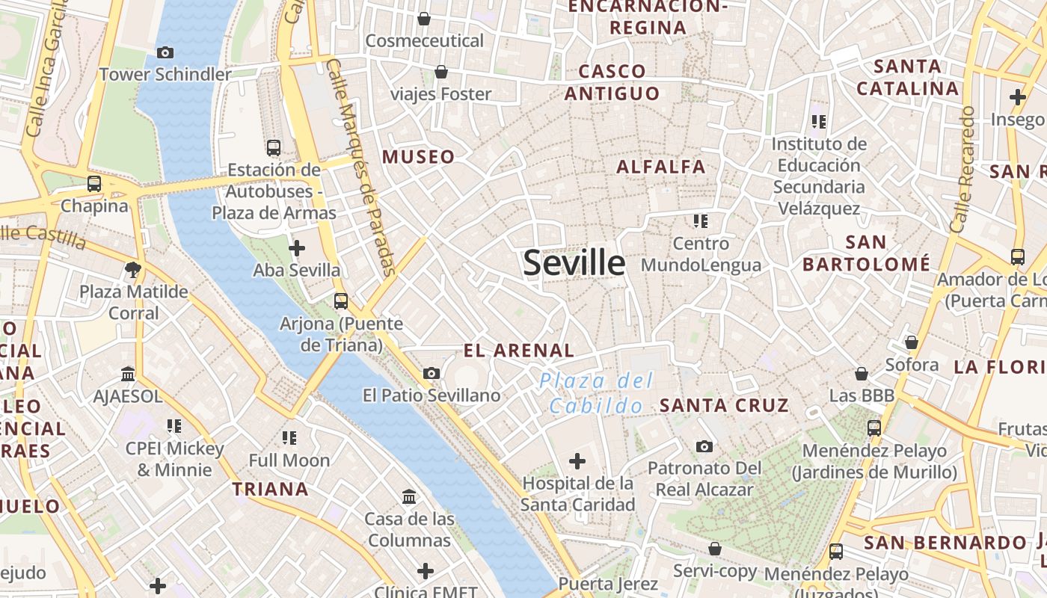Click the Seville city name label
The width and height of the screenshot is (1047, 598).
[574, 263]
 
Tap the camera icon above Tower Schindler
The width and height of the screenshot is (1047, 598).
[165, 52]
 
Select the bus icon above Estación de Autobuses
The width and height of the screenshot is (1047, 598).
[274, 148]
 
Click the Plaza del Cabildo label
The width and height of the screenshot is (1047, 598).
[596, 393]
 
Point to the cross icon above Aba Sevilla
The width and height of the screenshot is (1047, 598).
[297, 247]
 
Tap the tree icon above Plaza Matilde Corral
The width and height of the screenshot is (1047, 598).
[134, 269]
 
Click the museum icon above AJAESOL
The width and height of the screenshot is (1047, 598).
[128, 374]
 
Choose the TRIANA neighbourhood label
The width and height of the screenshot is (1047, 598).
[270, 490]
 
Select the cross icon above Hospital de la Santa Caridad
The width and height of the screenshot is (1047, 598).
[577, 461]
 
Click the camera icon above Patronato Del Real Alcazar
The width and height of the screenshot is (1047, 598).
[704, 446]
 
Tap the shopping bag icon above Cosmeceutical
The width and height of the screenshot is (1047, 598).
[424, 19]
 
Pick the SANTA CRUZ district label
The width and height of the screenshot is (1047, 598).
[723, 406]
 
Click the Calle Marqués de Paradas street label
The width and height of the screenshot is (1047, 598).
[361, 168]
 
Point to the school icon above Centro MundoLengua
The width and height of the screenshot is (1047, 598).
[701, 221]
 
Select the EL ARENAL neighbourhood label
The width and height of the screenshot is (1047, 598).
[518, 351]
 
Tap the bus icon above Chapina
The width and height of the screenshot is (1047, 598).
[94, 183]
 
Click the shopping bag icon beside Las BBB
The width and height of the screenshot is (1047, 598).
[862, 374]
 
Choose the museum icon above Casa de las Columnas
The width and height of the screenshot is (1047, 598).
[409, 496]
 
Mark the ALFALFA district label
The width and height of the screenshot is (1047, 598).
[661, 167]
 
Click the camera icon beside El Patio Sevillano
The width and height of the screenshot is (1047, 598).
[432, 373]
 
